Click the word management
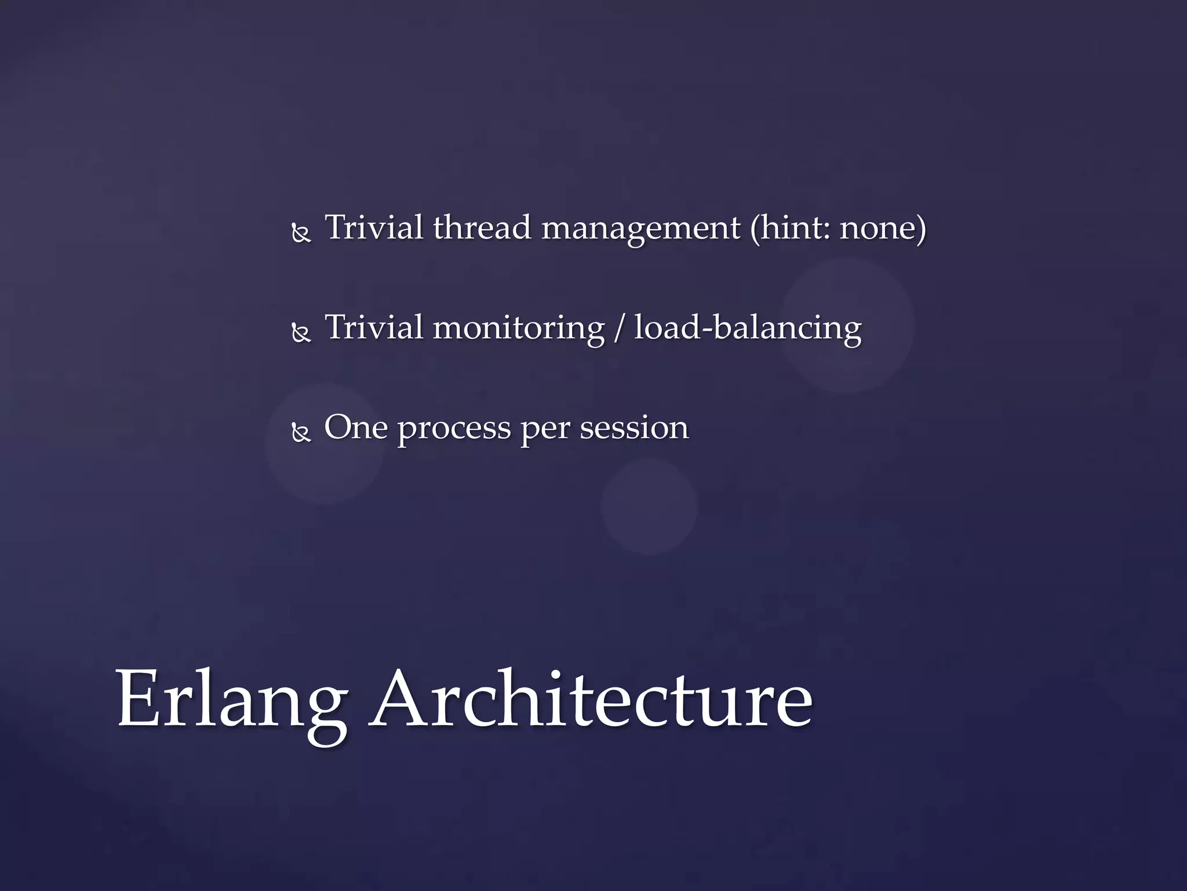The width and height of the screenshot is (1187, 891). pos(640,229)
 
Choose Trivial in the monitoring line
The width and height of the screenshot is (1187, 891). pos(374,327)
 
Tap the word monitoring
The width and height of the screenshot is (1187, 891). pos(519,328)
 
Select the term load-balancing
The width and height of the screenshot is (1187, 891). pos(748,328)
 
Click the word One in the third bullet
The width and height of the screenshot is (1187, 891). pos(355,428)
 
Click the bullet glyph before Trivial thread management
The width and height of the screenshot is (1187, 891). pos(301,234)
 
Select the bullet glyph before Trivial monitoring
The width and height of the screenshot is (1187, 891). pos(301,334)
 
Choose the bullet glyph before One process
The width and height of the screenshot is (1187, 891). pos(301,434)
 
